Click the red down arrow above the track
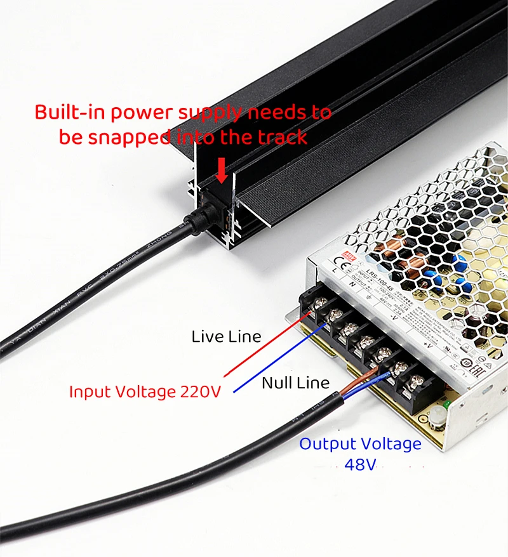221,168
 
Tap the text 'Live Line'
226,336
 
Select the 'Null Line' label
295,383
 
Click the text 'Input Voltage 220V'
145,391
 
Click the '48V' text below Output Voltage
360,464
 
